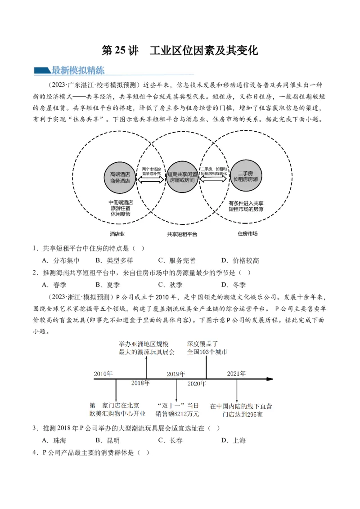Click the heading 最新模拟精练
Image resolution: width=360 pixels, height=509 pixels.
(x=78, y=70)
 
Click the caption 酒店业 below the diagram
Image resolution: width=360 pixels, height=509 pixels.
(x=117, y=234)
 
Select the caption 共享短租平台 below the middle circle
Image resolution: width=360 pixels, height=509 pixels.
(x=182, y=234)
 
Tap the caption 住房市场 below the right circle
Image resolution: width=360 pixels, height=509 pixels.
(x=247, y=234)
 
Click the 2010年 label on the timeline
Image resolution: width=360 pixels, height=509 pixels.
(x=103, y=374)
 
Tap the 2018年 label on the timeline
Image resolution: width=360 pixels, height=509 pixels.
(x=140, y=383)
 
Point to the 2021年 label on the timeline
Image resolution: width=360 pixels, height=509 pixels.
(x=236, y=374)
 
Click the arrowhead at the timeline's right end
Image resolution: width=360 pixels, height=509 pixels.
(x=270, y=379)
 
